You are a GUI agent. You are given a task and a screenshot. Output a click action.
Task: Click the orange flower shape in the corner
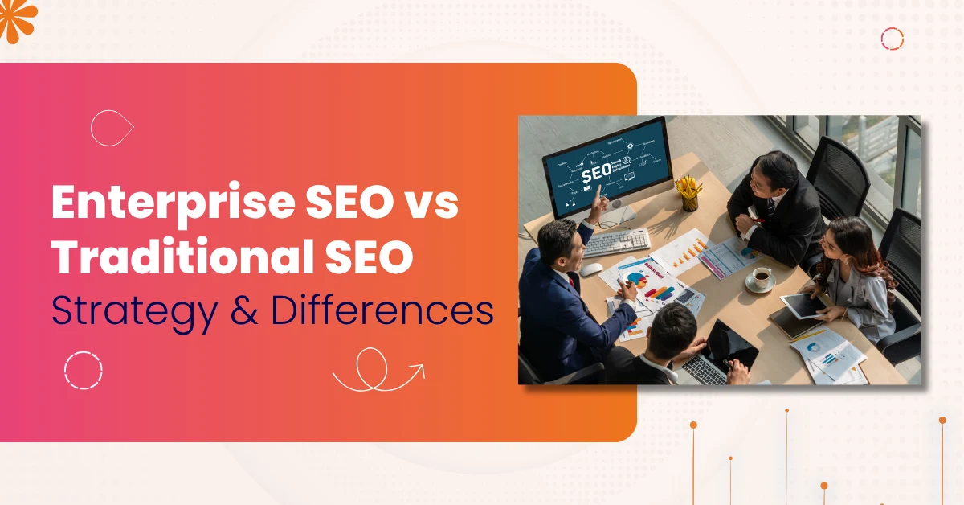pyautogui.click(x=16, y=18)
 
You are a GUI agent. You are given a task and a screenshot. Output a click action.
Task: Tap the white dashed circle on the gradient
pyautogui.click(x=84, y=370)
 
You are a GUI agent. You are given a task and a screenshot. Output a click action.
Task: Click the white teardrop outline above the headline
pyautogui.click(x=112, y=128)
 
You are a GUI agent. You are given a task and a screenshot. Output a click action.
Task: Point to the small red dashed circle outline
pyautogui.click(x=892, y=39)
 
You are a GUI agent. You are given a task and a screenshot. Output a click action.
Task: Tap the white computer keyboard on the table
pyautogui.click(x=616, y=241)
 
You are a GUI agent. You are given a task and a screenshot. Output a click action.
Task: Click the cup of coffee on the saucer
pyautogui.click(x=761, y=277)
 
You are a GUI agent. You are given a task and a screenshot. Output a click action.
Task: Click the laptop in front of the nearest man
pyautogui.click(x=722, y=359)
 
